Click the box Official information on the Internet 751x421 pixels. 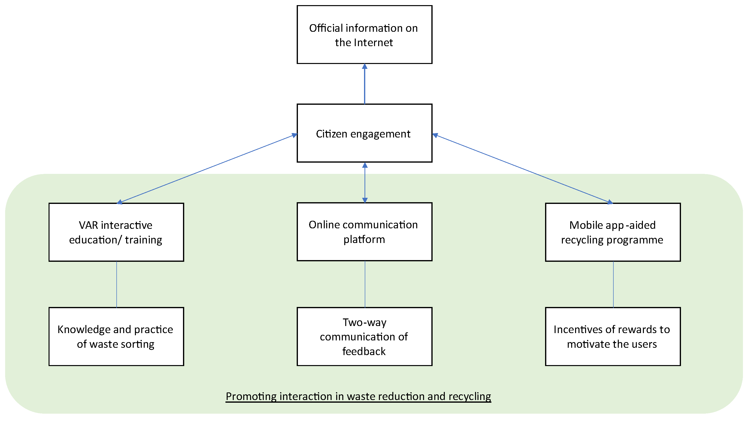(x=365, y=34)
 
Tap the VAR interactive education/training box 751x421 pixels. (x=116, y=232)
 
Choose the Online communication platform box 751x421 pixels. (x=365, y=232)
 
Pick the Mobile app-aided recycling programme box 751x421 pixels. (x=613, y=232)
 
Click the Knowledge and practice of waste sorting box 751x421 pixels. (x=116, y=337)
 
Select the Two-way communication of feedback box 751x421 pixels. (x=365, y=337)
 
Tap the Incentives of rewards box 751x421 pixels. (x=613, y=337)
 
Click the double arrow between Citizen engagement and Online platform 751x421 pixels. (x=365, y=183)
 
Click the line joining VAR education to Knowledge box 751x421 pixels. (x=117, y=284)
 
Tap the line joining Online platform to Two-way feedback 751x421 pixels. (x=365, y=284)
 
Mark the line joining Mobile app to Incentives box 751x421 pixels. (x=613, y=284)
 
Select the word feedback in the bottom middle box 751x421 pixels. (x=364, y=351)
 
